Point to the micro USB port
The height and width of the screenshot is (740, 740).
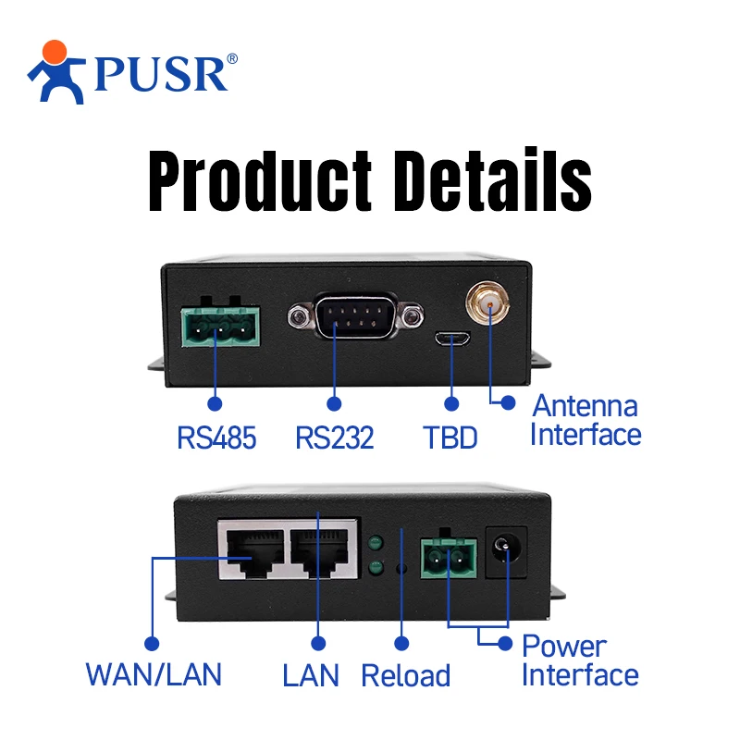point(452,339)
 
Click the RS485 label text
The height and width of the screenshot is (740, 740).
point(216,437)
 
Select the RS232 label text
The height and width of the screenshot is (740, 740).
point(335,437)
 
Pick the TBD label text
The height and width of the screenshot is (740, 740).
point(450,437)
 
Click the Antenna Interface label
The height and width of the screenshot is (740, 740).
point(585,420)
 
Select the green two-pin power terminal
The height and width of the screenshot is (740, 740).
point(449,557)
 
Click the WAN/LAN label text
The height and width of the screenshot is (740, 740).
point(154,674)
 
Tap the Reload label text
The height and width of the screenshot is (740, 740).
point(405,675)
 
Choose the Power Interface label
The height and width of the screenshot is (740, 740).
point(579,660)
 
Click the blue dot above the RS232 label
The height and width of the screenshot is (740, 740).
point(334,403)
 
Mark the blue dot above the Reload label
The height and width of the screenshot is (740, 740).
point(401,642)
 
